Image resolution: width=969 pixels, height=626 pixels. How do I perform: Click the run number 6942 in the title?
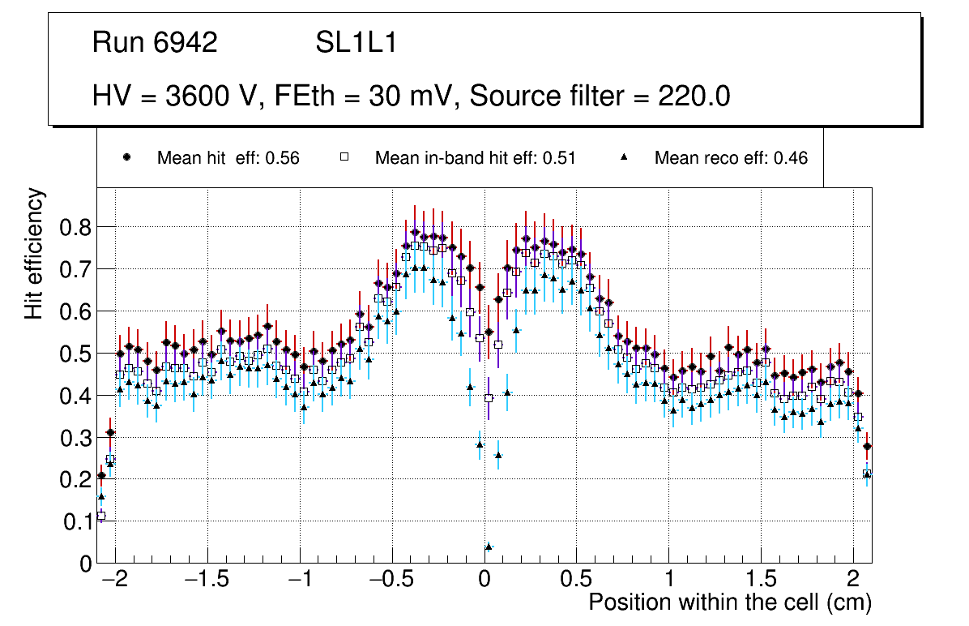point(186,43)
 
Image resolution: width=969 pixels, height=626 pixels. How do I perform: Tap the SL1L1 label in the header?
point(356,43)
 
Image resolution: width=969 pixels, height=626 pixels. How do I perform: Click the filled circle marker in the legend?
point(126,157)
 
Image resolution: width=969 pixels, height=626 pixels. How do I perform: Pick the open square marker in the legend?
point(344,157)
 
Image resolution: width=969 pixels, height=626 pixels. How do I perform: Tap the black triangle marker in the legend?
point(624,157)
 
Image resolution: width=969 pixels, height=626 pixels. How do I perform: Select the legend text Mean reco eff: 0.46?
point(730,158)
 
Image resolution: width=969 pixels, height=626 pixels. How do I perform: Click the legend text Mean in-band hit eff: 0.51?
point(475,158)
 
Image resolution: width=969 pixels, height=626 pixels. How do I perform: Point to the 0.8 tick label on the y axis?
point(77,227)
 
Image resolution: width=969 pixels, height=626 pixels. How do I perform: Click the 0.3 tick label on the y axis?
point(77,438)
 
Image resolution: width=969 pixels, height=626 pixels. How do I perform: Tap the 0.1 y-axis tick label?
point(77,522)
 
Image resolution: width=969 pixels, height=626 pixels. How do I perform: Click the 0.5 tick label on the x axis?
point(577,580)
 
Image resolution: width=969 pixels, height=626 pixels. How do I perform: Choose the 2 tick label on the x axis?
point(853,580)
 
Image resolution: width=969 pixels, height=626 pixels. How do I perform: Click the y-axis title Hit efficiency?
point(34,253)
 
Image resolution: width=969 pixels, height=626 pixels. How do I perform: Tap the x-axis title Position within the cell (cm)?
point(729,602)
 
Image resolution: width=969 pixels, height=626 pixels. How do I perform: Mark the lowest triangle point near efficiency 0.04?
point(489,547)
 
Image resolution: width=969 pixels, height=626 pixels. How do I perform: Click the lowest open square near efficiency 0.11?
point(101,516)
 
